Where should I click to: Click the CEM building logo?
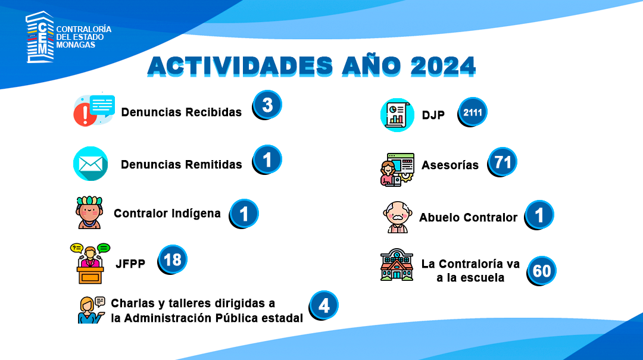tap(40, 37)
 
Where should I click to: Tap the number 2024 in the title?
tap(443, 65)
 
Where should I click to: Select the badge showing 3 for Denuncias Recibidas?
tap(267, 105)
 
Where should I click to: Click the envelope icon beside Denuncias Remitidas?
tap(90, 164)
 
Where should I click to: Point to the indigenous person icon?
tap(89, 212)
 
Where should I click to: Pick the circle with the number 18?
tap(172, 259)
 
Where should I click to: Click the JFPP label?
tap(130, 264)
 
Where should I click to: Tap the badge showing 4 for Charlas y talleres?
tap(323, 305)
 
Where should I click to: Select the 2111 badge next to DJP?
tap(472, 112)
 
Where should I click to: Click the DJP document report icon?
tap(397, 115)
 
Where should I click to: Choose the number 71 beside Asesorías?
tap(502, 162)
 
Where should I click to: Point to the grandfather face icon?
tap(397, 217)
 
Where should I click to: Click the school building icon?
tap(397, 264)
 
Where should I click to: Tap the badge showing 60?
tap(541, 271)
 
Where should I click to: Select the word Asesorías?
tap(450, 165)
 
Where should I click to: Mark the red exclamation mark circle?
tap(85, 114)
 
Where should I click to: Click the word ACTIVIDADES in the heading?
tap(241, 65)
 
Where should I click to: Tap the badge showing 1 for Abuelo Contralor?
tap(539, 215)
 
